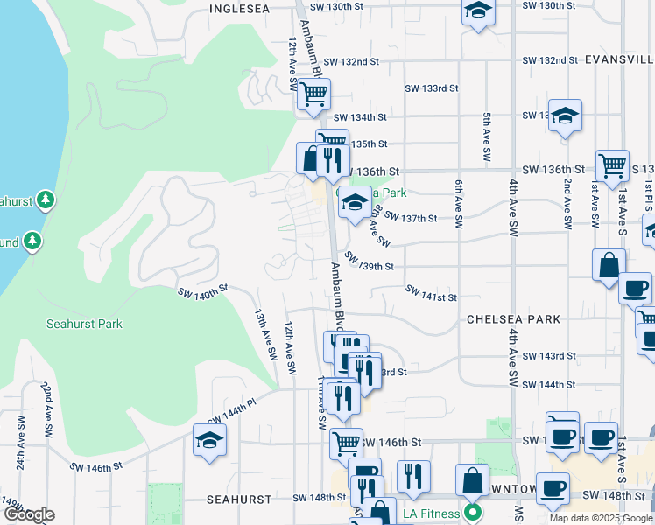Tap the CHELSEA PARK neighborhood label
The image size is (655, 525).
[513, 319]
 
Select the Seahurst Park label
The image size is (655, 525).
[84, 324]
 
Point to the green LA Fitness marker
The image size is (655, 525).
[473, 512]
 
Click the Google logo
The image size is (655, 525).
[29, 514]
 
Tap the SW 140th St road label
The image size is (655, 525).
[202, 291]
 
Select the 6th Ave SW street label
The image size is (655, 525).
[458, 205]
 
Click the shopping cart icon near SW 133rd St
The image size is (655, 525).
[313, 93]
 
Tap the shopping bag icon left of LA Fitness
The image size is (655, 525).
[472, 479]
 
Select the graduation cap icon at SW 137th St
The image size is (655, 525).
[354, 202]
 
